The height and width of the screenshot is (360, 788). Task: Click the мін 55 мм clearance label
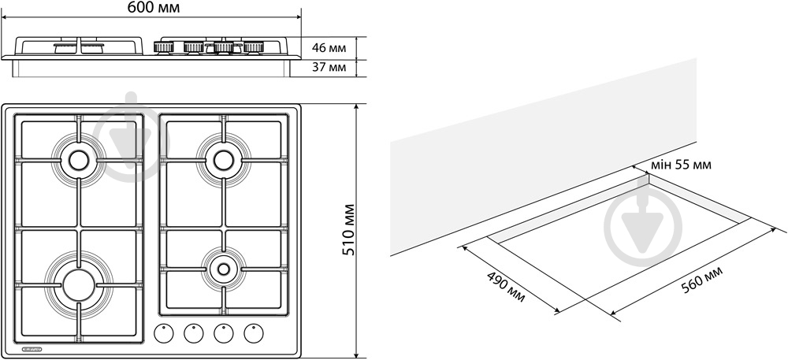point(682,165)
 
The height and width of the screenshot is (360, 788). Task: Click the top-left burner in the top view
point(78,160)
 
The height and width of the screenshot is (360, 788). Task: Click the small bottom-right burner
point(223,269)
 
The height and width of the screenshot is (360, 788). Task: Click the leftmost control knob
point(164,334)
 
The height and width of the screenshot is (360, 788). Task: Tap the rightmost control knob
point(254,334)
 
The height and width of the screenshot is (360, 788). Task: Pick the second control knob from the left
point(194,334)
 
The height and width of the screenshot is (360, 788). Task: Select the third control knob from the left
point(224,334)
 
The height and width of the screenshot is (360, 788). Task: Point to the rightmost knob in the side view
point(253,48)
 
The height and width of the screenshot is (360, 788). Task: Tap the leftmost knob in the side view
point(164,48)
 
